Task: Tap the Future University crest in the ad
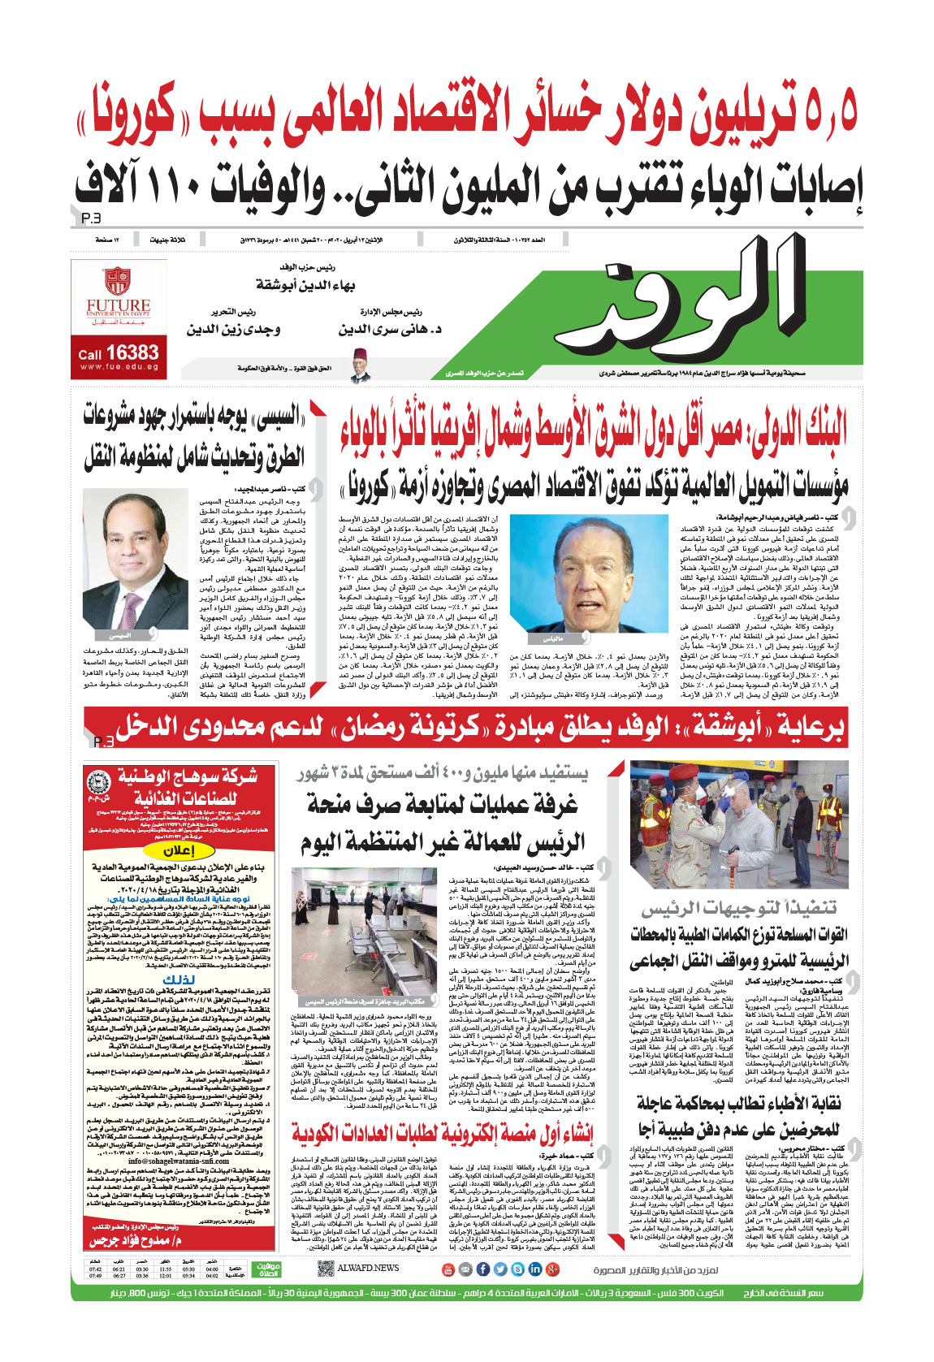(x=119, y=283)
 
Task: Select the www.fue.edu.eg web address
(x=119, y=367)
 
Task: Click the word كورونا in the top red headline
(x=134, y=114)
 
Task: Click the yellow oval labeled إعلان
(x=178, y=850)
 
